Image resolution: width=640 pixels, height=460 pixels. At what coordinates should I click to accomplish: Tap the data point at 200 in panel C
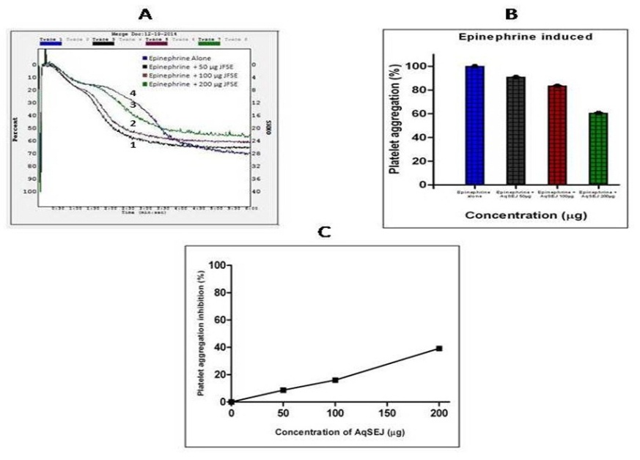point(439,348)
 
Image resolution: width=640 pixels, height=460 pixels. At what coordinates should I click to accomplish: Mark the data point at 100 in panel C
point(335,379)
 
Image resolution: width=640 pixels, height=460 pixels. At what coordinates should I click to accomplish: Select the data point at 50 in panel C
point(283,390)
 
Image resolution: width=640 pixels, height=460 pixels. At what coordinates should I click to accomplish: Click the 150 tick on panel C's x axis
point(387,412)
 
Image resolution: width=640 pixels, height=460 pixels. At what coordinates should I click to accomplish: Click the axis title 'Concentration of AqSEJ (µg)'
point(334,431)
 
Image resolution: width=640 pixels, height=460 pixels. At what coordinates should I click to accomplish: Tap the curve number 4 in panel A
point(133,94)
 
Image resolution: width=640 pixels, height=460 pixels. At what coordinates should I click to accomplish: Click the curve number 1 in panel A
point(132,145)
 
